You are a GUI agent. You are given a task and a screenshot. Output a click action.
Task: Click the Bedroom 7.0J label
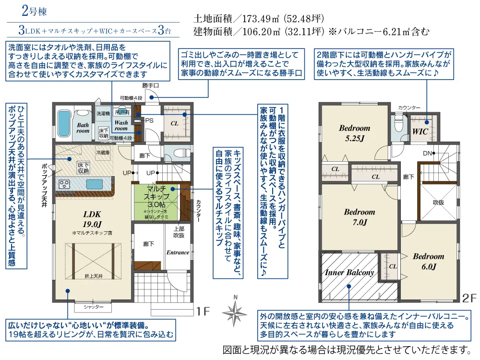[359, 217]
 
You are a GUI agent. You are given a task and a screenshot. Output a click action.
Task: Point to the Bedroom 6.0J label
[428, 261]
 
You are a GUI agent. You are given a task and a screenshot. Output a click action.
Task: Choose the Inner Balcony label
[349, 272]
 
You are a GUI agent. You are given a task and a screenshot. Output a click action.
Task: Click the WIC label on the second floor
[421, 130]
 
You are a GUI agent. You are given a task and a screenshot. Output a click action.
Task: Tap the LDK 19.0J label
[92, 219]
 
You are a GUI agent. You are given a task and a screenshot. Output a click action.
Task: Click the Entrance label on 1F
[178, 252]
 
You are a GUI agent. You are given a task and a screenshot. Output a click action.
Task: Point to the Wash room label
[121, 126]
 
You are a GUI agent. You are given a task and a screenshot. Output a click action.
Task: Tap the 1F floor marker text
[203, 312]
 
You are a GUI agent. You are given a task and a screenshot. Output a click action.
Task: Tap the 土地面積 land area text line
[259, 19]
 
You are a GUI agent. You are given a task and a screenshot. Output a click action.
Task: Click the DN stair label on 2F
[427, 153]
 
